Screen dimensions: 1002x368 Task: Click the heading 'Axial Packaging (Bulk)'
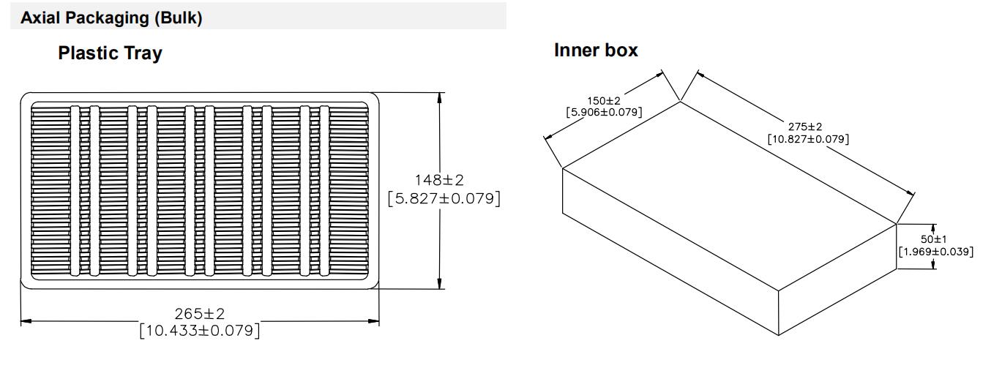[x=111, y=18]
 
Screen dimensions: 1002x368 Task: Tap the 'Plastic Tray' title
[x=110, y=53]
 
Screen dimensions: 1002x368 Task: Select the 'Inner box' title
[x=596, y=50]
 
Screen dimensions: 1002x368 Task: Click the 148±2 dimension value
[x=439, y=180]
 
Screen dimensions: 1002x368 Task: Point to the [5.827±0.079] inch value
[x=444, y=198]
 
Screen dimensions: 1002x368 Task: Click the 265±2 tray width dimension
[x=200, y=313]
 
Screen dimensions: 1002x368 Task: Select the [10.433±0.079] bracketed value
[x=200, y=331]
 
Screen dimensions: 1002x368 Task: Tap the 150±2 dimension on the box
[x=603, y=101]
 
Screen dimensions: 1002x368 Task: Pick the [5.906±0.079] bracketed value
[x=604, y=112]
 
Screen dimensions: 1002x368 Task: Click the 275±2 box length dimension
[x=805, y=127]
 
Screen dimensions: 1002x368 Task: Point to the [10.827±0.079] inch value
[x=808, y=139]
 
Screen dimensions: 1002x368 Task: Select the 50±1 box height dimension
[x=933, y=239]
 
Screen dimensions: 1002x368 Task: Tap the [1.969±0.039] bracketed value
[x=936, y=252]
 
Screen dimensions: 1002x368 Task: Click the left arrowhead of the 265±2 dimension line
[x=26, y=321]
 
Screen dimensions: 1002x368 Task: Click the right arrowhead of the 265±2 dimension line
[x=374, y=321]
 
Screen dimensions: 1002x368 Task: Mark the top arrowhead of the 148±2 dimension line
[x=440, y=98]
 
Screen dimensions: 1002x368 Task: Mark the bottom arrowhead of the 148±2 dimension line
[x=440, y=283]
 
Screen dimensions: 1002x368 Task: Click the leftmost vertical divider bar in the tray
[x=75, y=191]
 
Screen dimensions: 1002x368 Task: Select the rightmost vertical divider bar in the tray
[x=324, y=191]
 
